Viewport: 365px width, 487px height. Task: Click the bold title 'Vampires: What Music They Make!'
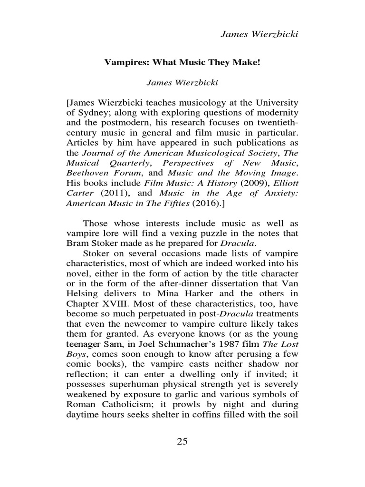182,62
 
